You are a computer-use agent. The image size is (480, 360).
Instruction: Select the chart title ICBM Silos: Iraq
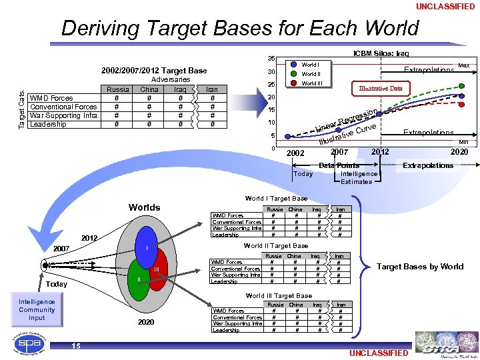pyautogui.click(x=381, y=53)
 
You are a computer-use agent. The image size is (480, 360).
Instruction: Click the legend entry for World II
pyautogui.click(x=311, y=74)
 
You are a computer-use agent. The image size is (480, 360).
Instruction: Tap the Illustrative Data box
pyautogui.click(x=381, y=88)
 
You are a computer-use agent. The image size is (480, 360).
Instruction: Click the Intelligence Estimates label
pyautogui.click(x=359, y=177)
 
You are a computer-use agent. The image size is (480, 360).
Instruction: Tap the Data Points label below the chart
pyautogui.click(x=339, y=165)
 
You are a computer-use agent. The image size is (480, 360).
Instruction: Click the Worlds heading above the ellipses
pyautogui.click(x=145, y=207)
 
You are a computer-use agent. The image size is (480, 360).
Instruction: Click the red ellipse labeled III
pyautogui.click(x=157, y=269)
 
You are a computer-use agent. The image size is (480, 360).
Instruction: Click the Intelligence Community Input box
pyautogui.click(x=37, y=310)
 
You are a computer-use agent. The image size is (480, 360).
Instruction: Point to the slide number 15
pyautogui.click(x=76, y=346)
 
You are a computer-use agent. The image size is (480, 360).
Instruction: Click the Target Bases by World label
pyautogui.click(x=420, y=267)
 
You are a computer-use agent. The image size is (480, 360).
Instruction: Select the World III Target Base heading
pyautogui.click(x=279, y=295)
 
